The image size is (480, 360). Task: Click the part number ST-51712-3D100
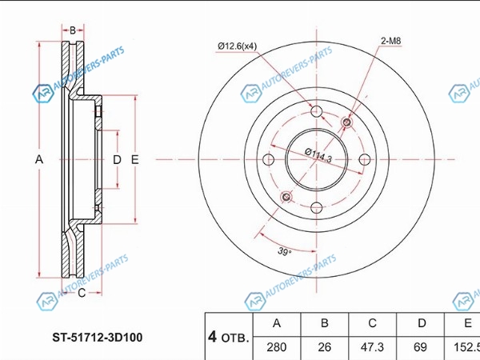[98, 338]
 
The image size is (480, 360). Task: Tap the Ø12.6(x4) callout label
[238, 46]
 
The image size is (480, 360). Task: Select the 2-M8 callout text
[391, 41]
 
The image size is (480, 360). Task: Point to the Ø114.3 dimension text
[318, 155]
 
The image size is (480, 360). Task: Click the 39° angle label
[284, 252]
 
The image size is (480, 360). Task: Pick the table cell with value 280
[277, 347]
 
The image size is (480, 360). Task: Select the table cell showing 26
[325, 347]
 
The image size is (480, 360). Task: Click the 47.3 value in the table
[372, 347]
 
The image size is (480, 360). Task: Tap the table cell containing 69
[420, 347]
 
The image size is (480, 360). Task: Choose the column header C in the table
[372, 323]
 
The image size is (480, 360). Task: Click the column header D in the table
[422, 323]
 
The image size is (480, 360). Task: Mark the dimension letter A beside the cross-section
[39, 159]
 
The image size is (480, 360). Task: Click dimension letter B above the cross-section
[73, 30]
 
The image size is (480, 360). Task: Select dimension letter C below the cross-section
[82, 293]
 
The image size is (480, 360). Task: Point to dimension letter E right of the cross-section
[134, 159]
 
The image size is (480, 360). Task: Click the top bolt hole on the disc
[316, 111]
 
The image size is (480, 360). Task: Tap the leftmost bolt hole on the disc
[269, 159]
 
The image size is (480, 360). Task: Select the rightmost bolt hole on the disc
[364, 159]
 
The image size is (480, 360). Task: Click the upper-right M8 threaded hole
[347, 122]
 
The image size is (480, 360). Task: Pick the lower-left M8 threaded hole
[286, 197]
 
